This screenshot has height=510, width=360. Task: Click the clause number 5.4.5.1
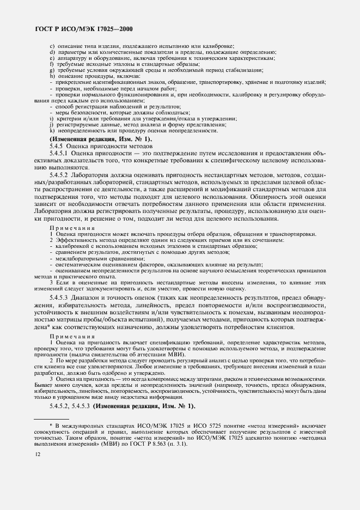pos(60,154)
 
